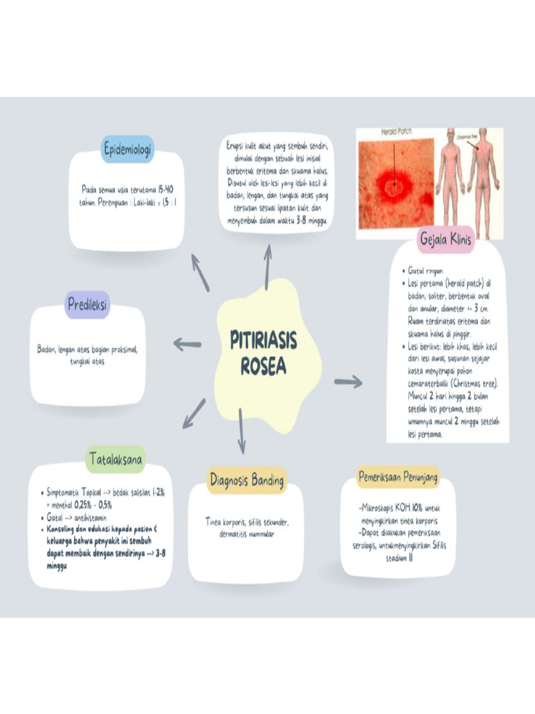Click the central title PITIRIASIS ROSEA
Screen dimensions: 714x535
coord(263,353)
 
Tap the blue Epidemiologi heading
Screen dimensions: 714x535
coord(127,149)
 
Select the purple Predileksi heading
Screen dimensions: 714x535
coord(88,304)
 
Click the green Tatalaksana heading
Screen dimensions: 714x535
coord(116,459)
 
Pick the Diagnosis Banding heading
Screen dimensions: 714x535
coord(247,480)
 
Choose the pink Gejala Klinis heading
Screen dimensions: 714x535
coord(446,240)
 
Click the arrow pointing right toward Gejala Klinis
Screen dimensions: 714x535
coord(348,381)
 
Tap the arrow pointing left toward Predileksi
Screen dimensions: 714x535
coord(187,343)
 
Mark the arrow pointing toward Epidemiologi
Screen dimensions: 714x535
coord(200,272)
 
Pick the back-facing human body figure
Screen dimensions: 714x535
coord(483,178)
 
